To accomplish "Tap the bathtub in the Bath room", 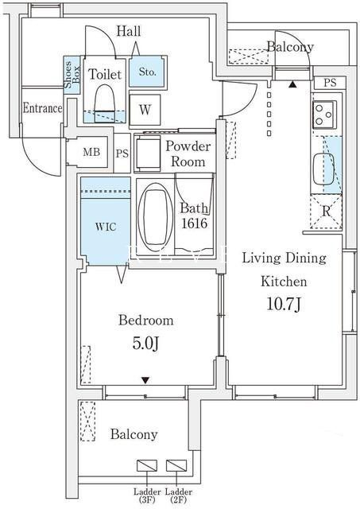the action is click(155, 217).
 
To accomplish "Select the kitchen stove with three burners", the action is click(324, 115).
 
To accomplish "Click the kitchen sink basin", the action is click(323, 169).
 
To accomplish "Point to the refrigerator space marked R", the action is click(326, 212).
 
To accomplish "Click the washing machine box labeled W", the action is click(145, 110).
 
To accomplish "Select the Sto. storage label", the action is click(147, 72).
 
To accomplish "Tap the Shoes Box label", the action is click(72, 75).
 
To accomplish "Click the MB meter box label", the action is click(91, 152).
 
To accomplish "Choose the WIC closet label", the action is click(106, 227).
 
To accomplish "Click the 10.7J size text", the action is click(285, 304).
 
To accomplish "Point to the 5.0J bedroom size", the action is click(145, 343).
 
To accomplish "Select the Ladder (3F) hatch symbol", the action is click(147, 465).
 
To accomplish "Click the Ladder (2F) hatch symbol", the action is click(176, 465).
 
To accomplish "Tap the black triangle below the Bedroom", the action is click(145, 380).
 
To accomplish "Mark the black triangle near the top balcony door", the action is click(293, 84).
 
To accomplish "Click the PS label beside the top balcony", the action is click(330, 83).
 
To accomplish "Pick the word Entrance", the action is click(42, 108).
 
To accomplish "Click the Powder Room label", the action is click(188, 153).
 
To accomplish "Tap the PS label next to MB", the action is click(122, 153).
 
